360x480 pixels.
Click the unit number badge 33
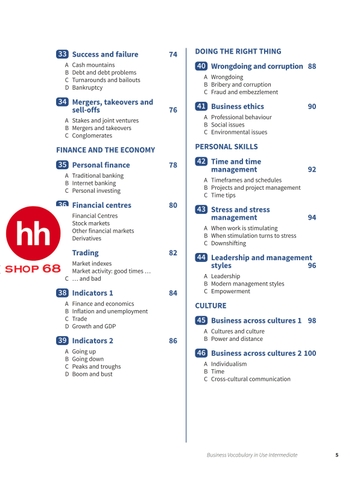62,54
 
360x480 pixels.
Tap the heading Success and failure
106,54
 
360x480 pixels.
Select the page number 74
173,54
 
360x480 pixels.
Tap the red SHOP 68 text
31,269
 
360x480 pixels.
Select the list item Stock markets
92,223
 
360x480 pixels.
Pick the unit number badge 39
62,341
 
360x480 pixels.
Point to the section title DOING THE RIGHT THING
238,50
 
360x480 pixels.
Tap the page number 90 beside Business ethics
312,106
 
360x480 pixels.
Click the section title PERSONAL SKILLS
226,146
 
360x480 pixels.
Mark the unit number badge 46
201,353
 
